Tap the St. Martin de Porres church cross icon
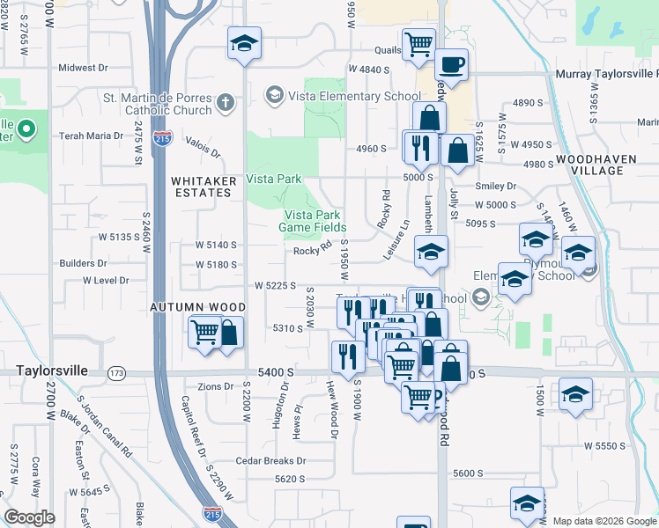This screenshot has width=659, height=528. [225, 104]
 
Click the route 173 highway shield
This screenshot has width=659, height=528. [116, 373]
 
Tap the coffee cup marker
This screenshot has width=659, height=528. [451, 66]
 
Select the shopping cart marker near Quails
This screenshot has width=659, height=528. [419, 44]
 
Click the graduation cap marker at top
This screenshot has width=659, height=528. [245, 44]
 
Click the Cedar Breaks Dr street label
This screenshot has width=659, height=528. [270, 461]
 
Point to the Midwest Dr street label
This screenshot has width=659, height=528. [83, 67]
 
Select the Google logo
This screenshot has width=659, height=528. [29, 517]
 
